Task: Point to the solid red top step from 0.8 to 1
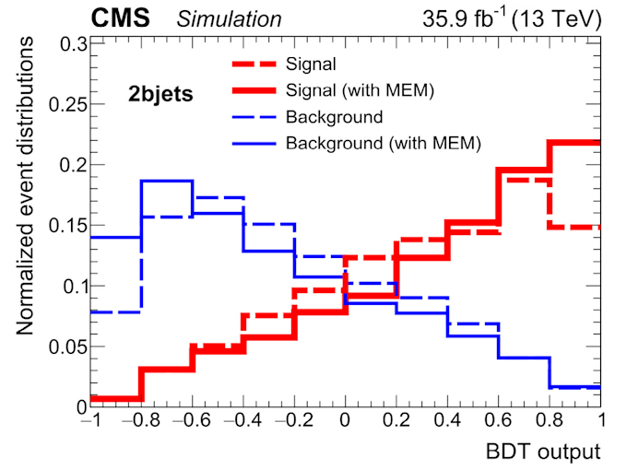(575, 143)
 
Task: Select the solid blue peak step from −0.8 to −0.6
(167, 181)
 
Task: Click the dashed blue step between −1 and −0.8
(115, 311)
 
